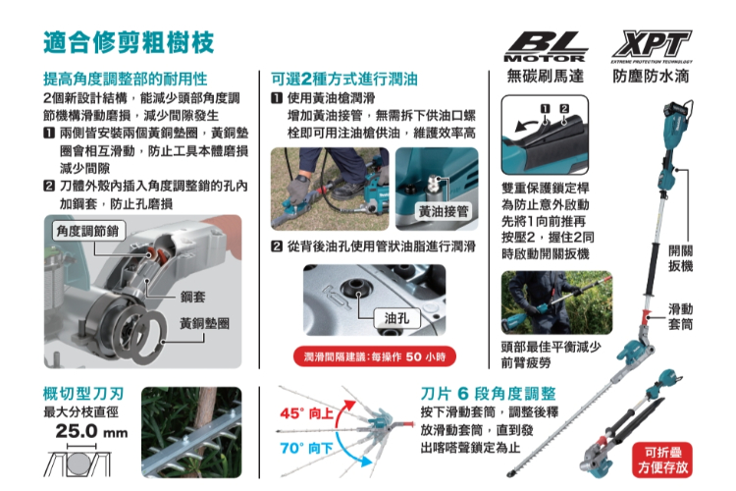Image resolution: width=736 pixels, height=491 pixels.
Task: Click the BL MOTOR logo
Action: pyautogui.click(x=545, y=47)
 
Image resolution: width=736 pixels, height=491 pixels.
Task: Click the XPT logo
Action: pyautogui.click(x=652, y=46)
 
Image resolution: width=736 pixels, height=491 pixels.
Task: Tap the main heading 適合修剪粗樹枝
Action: pyautogui.click(x=129, y=42)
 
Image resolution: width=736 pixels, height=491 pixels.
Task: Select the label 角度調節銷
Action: pyautogui.click(x=87, y=231)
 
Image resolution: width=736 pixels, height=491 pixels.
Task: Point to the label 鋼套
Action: pyautogui.click(x=193, y=297)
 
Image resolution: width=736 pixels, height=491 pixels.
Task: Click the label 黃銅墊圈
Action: pyautogui.click(x=205, y=323)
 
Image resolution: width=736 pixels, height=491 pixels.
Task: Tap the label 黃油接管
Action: pyautogui.click(x=444, y=211)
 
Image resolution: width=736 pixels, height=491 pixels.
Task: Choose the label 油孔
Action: pyautogui.click(x=396, y=318)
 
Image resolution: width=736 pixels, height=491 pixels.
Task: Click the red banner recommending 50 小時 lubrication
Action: pyautogui.click(x=374, y=356)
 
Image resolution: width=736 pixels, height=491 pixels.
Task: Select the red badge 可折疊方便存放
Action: pyautogui.click(x=662, y=460)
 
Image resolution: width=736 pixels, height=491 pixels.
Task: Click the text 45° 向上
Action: pyautogui.click(x=306, y=413)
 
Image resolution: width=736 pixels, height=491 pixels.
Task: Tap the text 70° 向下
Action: pyautogui.click(x=306, y=448)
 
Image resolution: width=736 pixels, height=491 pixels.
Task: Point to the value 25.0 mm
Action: pyautogui.click(x=91, y=431)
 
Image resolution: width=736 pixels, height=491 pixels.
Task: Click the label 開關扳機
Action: pyautogui.click(x=681, y=258)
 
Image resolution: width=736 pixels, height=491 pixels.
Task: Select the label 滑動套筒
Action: pyautogui.click(x=681, y=316)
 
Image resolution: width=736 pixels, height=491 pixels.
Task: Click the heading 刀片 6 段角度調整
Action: pyautogui.click(x=488, y=393)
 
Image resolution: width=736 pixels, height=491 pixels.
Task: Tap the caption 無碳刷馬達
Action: pyautogui.click(x=546, y=76)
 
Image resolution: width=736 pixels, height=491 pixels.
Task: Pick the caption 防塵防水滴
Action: pyautogui.click(x=651, y=76)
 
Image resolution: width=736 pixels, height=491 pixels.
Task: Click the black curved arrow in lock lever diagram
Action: pyautogui.click(x=527, y=124)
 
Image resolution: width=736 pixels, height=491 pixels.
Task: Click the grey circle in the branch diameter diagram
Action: pyautogui.click(x=78, y=464)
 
